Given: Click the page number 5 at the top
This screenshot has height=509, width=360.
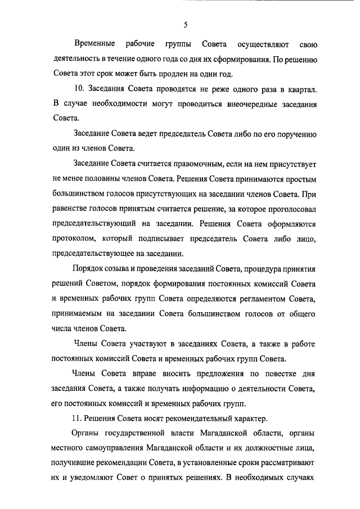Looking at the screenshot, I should tap(185, 25).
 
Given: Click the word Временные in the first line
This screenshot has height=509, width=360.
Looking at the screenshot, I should tap(94, 44).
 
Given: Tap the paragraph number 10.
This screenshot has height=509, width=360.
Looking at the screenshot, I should tap(79, 90).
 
